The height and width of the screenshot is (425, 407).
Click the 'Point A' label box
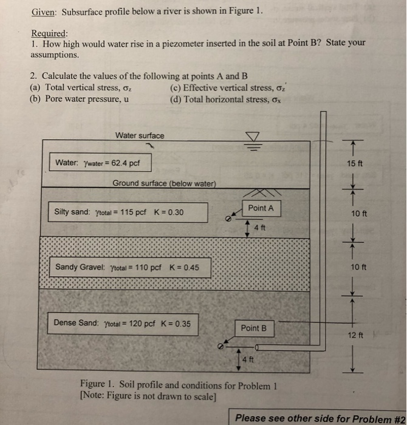click(x=261, y=208)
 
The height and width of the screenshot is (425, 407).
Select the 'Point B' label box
click(x=254, y=328)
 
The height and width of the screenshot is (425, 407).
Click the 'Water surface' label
click(x=139, y=135)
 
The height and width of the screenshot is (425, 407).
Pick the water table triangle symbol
click(x=253, y=136)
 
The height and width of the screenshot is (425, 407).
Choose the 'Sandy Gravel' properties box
click(x=131, y=267)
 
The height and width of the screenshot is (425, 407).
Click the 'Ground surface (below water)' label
click(x=164, y=184)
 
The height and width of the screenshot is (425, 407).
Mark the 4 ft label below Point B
click(x=248, y=359)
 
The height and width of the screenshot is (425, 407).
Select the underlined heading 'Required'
click(x=49, y=33)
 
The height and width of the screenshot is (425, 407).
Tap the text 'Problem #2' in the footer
click(x=378, y=418)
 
